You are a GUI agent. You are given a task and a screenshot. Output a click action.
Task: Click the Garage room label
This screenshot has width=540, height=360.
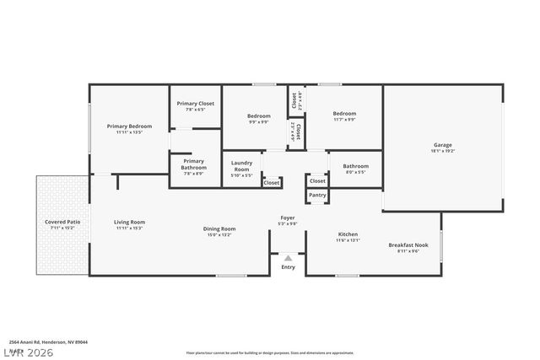click(x=443, y=145)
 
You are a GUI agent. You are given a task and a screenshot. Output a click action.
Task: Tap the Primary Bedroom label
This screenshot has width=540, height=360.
click(x=129, y=126)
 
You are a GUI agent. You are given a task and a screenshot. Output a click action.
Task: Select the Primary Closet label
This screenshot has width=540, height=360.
click(x=195, y=104)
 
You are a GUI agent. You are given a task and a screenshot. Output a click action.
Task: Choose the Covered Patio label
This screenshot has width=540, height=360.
click(x=62, y=223)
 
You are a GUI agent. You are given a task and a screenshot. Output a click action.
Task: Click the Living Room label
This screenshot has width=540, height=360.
click(x=130, y=223)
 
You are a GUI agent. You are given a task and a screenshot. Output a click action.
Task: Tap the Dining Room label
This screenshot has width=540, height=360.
click(x=219, y=228)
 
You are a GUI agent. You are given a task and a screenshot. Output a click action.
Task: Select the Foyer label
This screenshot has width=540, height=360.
click(x=288, y=218)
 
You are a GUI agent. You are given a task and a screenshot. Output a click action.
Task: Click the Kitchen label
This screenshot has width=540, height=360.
click(x=348, y=234)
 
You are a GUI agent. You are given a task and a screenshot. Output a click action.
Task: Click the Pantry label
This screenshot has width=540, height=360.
click(x=317, y=195)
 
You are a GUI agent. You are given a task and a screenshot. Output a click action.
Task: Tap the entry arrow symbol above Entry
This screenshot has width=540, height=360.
click(x=288, y=258)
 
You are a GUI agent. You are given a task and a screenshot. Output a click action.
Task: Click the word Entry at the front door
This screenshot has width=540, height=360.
click(x=289, y=267)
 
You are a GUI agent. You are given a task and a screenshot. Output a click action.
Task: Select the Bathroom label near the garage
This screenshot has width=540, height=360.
click(x=355, y=166)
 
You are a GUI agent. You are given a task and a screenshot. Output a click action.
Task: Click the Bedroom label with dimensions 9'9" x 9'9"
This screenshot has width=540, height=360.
click(x=258, y=116)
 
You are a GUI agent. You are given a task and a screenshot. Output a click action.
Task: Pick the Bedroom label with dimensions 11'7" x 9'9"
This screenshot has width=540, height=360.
click(x=343, y=114)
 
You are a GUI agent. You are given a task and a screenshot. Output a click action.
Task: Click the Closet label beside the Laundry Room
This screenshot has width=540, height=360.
click(x=272, y=182)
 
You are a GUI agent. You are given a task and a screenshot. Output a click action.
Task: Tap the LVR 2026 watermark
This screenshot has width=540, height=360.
click(x=29, y=352)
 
